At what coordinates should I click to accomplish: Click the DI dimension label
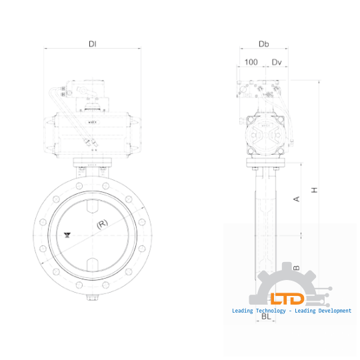point(93,44)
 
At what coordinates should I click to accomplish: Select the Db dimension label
point(263,44)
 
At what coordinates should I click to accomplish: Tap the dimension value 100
point(251,62)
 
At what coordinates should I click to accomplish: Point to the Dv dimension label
point(277,62)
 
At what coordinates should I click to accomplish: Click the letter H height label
point(315,190)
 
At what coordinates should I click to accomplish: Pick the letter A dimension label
point(297,199)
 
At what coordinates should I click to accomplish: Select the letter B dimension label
point(297,267)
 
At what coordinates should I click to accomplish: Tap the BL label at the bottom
point(265,317)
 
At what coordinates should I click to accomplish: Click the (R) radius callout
point(102,224)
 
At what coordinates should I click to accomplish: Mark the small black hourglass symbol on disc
point(67,235)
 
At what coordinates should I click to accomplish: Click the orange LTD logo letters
point(287,299)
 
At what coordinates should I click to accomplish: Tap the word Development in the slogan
point(331,311)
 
